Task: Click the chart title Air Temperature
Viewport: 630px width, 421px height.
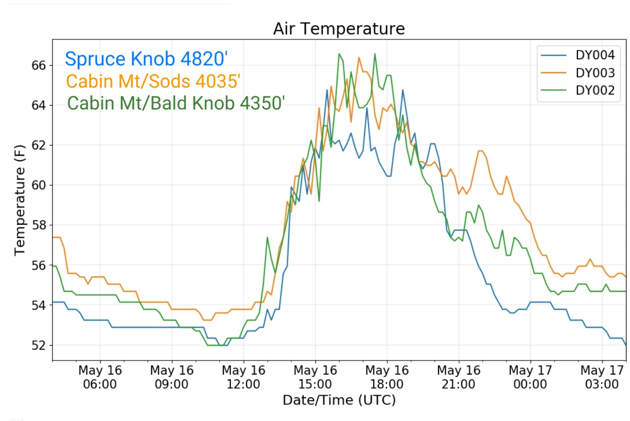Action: [339, 28]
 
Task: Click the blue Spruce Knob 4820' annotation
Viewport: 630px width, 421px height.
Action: [146, 59]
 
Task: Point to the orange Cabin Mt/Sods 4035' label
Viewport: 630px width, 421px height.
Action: [153, 81]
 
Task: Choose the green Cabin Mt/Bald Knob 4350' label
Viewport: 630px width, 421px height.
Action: [176, 103]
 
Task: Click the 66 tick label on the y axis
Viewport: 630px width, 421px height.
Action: [39, 66]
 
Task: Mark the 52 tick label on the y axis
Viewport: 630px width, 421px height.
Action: [39, 345]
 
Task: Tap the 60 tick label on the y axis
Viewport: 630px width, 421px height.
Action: [39, 185]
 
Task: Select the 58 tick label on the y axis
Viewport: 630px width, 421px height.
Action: [39, 225]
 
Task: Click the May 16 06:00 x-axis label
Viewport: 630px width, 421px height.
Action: [100, 377]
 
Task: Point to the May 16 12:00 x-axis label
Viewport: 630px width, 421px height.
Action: [244, 377]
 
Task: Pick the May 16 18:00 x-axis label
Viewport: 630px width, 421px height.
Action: [387, 377]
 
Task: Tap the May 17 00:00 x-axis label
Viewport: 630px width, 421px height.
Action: [531, 377]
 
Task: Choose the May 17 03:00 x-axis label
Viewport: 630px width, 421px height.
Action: [602, 377]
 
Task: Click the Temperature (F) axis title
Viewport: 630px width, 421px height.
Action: [20, 200]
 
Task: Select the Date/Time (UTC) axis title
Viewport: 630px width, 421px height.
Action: [339, 400]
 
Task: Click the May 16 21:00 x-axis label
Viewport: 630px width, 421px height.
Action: [459, 377]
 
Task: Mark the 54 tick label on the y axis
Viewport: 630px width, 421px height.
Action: [39, 305]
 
